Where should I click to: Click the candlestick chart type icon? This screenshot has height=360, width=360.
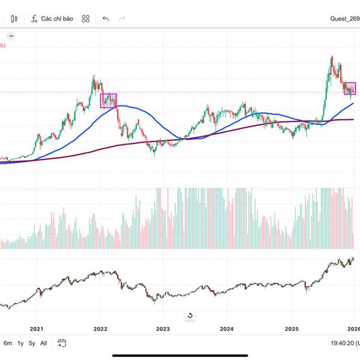click(x=14, y=19)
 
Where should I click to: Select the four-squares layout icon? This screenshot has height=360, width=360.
click(x=86, y=19)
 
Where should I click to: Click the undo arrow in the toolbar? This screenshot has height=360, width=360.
click(x=106, y=19)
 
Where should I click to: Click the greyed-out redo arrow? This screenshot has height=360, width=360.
click(x=122, y=19)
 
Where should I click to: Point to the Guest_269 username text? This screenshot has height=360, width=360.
click(x=344, y=19)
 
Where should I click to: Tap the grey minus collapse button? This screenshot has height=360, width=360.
click(x=11, y=35)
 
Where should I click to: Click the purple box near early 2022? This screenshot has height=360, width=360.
click(x=108, y=100)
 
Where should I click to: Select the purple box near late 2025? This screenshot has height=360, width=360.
click(x=349, y=88)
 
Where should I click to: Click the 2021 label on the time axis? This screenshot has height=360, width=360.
click(x=37, y=329)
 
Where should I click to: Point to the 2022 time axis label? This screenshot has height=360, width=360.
click(x=100, y=329)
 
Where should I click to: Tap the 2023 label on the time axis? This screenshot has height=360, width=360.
click(x=163, y=329)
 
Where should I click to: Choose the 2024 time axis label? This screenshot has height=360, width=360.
click(x=227, y=329)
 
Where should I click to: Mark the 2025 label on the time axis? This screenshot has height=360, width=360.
click(x=292, y=329)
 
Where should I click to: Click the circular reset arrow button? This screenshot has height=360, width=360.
click(x=190, y=315)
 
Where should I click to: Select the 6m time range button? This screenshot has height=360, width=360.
click(x=8, y=343)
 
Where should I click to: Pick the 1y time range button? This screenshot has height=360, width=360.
click(x=20, y=343)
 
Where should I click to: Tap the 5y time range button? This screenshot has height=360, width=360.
click(x=32, y=343)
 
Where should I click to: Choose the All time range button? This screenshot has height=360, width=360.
click(x=44, y=343)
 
